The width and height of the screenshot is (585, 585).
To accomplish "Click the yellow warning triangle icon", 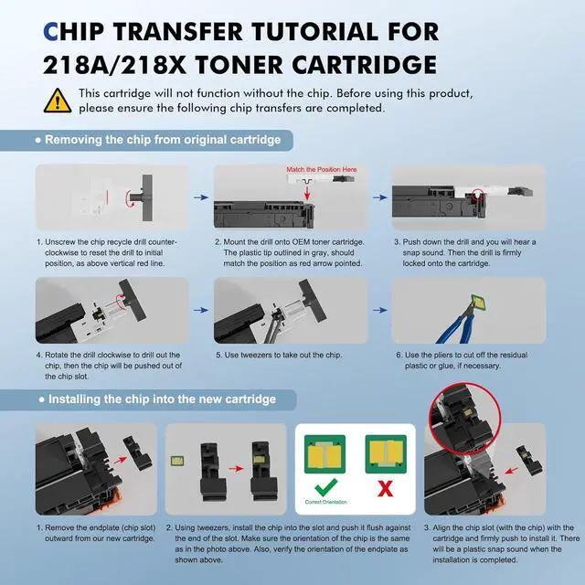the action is [58, 101].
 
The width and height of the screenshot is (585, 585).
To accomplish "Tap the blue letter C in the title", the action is [51, 31].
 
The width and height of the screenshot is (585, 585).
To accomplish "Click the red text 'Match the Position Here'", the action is [322, 169].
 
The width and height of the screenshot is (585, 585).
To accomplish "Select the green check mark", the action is [325, 487].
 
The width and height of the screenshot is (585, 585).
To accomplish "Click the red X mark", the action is [385, 488].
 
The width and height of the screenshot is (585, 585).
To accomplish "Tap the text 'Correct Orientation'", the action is [325, 502].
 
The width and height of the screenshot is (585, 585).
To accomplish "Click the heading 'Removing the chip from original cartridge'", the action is [163, 140].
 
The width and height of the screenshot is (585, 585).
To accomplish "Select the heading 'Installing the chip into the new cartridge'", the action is [163, 399].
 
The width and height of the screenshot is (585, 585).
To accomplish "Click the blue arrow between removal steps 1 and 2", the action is [201, 197].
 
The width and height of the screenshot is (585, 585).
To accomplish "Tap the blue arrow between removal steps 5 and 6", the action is [380, 310].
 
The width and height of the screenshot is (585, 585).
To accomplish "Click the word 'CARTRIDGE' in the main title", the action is [365, 65].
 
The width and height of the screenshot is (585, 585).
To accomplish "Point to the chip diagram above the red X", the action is [386, 454].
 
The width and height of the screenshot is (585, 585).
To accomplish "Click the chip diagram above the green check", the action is [325, 454].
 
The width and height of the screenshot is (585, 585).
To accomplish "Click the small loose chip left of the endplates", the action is [176, 461].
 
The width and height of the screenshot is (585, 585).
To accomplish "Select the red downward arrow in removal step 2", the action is [307, 193].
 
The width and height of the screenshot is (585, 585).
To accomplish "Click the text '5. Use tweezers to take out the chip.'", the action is [279, 355].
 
